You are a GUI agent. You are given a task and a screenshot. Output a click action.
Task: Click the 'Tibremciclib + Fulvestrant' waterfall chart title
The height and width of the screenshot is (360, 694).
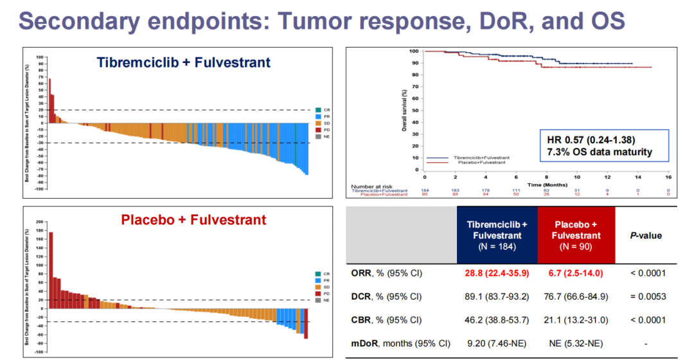point(184,62)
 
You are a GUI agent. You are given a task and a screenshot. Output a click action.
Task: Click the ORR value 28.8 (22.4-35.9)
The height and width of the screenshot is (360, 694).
point(497,273)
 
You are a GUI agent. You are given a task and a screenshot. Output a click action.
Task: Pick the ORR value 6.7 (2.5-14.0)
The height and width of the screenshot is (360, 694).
point(576,273)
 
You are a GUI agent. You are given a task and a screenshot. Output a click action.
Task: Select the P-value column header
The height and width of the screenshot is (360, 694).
point(645,235)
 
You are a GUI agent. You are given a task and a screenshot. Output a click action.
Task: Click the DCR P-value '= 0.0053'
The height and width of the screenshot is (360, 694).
point(646,296)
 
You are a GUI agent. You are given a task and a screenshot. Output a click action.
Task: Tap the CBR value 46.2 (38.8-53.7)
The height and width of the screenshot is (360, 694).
point(497,319)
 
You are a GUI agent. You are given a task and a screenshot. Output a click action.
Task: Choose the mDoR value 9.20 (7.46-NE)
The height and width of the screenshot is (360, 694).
point(497,343)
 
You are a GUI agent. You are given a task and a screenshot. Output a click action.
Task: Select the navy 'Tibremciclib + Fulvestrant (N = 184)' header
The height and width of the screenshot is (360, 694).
point(497,235)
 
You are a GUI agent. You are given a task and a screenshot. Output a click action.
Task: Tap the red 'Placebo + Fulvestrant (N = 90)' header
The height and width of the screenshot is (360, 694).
point(576,235)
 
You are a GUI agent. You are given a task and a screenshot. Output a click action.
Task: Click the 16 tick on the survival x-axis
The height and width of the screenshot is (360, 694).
point(669,177)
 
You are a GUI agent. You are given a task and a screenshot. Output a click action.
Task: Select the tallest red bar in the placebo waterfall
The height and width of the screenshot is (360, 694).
point(51,269)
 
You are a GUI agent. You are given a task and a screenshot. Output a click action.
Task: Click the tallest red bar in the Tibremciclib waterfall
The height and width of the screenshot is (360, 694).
point(49,100)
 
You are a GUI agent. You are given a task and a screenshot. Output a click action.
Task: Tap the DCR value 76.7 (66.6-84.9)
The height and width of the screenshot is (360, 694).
point(576,296)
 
